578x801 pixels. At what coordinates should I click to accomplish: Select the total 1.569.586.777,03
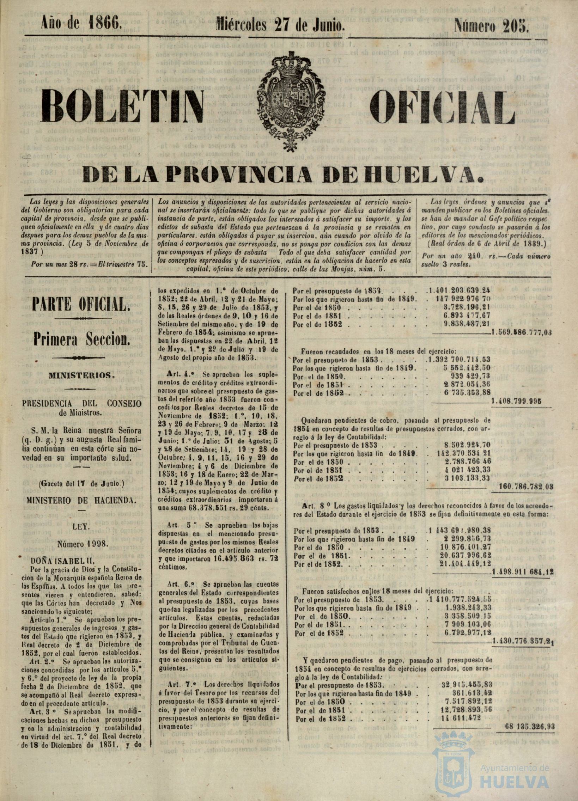522,333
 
